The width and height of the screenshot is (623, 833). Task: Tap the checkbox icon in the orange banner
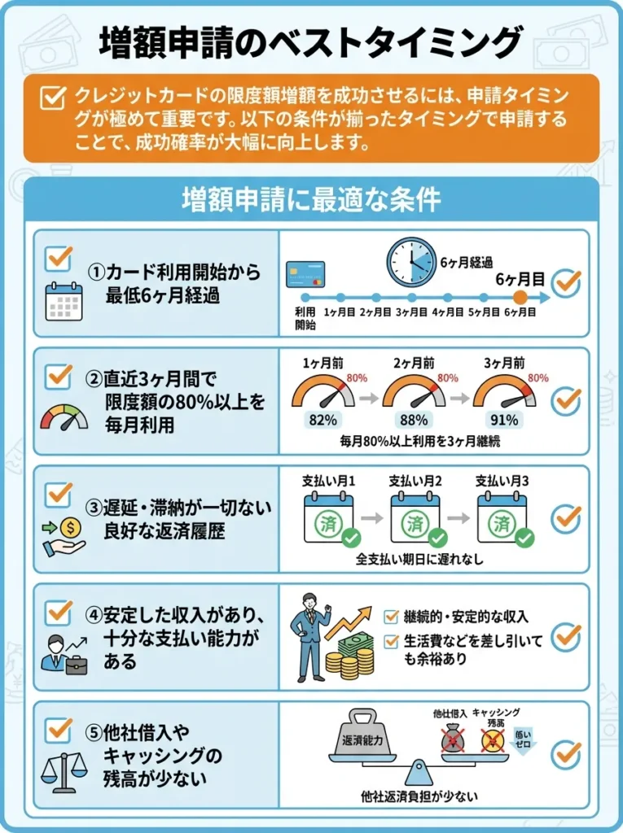(53, 98)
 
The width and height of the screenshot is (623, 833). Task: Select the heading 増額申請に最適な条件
(310, 199)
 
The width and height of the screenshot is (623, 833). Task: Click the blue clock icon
(410, 262)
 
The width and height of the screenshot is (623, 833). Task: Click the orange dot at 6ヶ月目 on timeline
(520, 298)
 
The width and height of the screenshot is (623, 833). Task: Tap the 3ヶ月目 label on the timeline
(412, 312)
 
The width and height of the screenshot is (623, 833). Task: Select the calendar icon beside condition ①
(64, 301)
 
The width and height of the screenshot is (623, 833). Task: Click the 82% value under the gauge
(323, 421)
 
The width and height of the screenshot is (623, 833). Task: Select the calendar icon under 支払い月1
(327, 520)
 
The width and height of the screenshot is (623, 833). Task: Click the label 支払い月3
(502, 481)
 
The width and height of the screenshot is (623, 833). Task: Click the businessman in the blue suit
(309, 634)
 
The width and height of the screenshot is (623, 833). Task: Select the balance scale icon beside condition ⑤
(64, 770)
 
